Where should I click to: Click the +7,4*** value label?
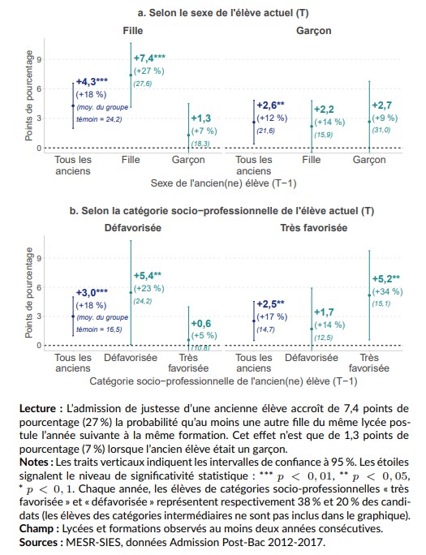149,59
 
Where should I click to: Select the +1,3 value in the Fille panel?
200,118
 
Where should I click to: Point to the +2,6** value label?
270,105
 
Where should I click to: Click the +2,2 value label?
323,109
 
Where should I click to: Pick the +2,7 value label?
381,105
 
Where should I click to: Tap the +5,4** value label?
147,276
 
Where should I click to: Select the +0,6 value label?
200,323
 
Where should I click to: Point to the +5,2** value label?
385,278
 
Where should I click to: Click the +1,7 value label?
323,312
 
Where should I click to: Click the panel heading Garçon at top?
313,31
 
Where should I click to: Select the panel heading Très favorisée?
313,228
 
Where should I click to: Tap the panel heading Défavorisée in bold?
133,228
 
